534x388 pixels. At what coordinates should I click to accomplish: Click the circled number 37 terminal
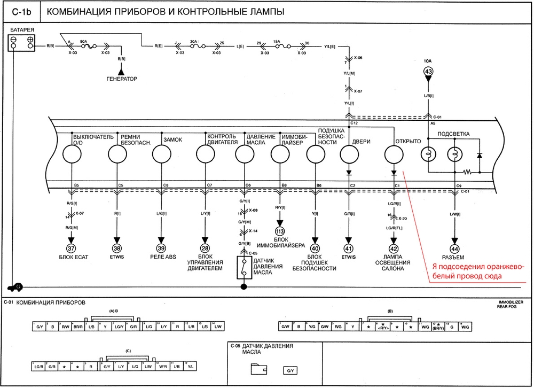pos(71,249)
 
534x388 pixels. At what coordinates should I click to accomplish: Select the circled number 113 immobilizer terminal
pos(278,231)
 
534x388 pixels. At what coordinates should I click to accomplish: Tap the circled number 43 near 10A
pos(428,72)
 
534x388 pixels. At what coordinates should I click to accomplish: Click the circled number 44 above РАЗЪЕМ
pos(455,249)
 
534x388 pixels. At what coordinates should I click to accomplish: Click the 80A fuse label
pos(83,41)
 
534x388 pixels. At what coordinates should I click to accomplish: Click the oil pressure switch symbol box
pos(244,267)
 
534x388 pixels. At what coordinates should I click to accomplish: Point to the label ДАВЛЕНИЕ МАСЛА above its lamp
pos(261,139)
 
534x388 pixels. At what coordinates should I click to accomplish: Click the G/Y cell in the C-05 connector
pos(289,370)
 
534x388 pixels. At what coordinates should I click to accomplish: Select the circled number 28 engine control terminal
pos(205,249)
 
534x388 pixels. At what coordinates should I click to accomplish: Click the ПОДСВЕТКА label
pos(454,134)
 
